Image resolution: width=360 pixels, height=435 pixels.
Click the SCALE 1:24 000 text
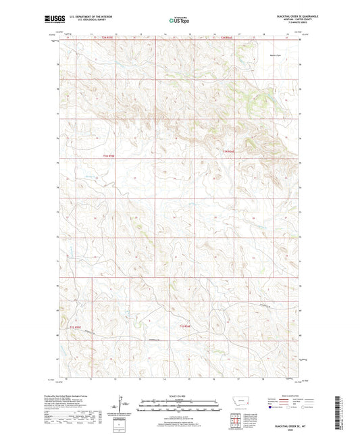tap(179, 396)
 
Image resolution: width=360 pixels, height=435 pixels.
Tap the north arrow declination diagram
tap(120, 407)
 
